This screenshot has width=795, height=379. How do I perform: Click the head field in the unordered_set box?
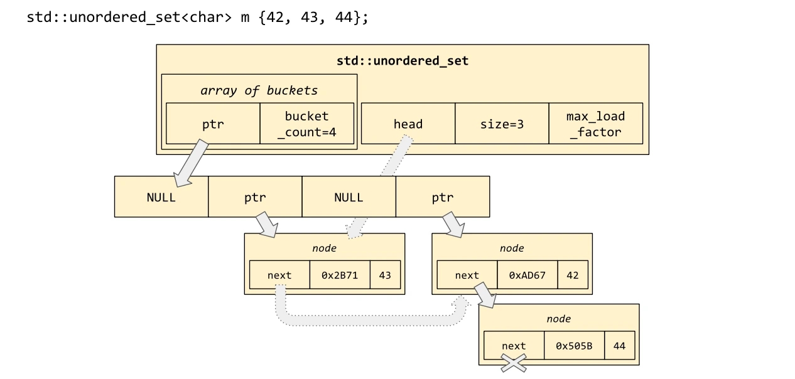tap(408, 124)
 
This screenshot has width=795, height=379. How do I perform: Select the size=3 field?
tap(502, 124)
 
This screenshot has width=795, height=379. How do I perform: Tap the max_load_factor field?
tap(595, 124)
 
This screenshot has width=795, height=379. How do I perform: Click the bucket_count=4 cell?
tap(306, 124)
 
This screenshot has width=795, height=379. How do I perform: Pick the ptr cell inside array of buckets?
tap(213, 124)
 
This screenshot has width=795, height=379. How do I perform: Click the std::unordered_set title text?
tap(403, 61)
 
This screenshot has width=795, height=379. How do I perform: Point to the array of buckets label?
tap(259, 90)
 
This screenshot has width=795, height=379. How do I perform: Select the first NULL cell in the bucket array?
tap(161, 197)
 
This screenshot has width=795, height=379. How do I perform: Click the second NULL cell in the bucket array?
tap(349, 197)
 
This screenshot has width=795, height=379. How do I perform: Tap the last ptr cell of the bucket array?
tap(442, 197)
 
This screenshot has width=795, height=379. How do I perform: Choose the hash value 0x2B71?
tap(340, 275)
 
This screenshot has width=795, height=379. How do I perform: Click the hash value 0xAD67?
tap(527, 275)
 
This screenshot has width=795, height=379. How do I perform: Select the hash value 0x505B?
tap(574, 346)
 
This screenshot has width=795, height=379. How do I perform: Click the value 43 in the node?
tap(385, 275)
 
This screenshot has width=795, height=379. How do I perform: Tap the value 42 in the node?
tap(572, 275)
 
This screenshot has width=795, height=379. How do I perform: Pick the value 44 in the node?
tap(619, 346)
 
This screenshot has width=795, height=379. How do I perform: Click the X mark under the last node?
tap(513, 363)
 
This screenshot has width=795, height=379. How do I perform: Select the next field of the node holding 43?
tap(279, 275)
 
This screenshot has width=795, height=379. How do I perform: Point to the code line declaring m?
tap(197, 17)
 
